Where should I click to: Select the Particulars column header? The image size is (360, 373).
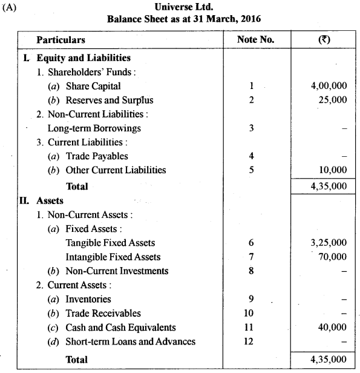coord(61,40)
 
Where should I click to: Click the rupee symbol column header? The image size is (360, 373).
coord(323,40)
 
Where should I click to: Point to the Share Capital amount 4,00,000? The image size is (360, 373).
coord(327,86)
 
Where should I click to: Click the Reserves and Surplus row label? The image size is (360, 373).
coord(100,100)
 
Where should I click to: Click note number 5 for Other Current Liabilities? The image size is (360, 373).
coord(251,170)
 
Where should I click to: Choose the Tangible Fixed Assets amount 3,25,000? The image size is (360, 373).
coord(327,242)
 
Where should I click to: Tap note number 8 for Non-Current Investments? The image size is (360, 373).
coord(251,271)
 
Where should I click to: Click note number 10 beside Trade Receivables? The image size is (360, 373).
coord(251,313)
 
